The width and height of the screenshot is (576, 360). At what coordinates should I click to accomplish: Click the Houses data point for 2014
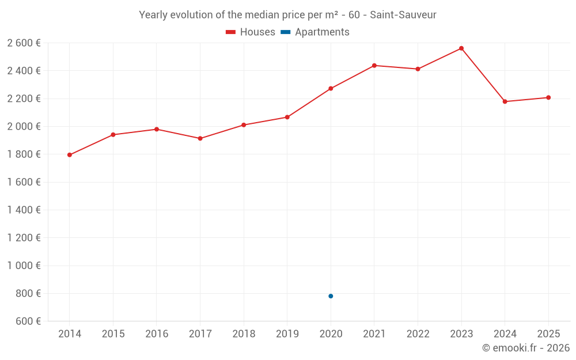pyautogui.click(x=70, y=155)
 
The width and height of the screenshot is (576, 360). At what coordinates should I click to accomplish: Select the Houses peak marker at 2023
pyautogui.click(x=461, y=48)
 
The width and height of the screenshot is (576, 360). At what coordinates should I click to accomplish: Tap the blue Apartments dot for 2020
pyautogui.click(x=331, y=296)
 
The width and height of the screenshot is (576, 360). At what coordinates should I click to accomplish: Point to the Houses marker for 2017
pyautogui.click(x=200, y=138)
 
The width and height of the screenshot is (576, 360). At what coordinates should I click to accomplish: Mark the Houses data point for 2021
pyautogui.click(x=374, y=66)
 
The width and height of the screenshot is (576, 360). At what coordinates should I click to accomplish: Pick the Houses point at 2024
pyautogui.click(x=505, y=101)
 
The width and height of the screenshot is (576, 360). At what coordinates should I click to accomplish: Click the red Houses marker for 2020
pyautogui.click(x=331, y=89)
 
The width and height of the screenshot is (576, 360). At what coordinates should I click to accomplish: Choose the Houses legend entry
pyautogui.click(x=251, y=32)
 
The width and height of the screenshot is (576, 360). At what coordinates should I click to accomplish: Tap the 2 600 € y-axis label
pyautogui.click(x=24, y=43)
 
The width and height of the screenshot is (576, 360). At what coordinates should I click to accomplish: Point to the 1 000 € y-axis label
pyautogui.click(x=24, y=266)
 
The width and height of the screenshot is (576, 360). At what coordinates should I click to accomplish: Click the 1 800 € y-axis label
pyautogui.click(x=24, y=154)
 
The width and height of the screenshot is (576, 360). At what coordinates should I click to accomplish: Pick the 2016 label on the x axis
pyautogui.click(x=157, y=334)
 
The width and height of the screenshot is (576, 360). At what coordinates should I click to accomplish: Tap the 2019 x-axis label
pyautogui.click(x=287, y=334)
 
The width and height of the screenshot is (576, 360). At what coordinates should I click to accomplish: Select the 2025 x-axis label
pyautogui.click(x=548, y=334)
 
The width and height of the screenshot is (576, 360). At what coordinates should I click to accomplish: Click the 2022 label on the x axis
pyautogui.click(x=418, y=334)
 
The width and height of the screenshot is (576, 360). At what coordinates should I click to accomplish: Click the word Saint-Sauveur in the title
pyautogui.click(x=403, y=15)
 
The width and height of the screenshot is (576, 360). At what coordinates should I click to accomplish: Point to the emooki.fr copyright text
pyautogui.click(x=526, y=348)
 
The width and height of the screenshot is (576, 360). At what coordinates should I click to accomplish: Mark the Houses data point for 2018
pyautogui.click(x=244, y=125)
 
